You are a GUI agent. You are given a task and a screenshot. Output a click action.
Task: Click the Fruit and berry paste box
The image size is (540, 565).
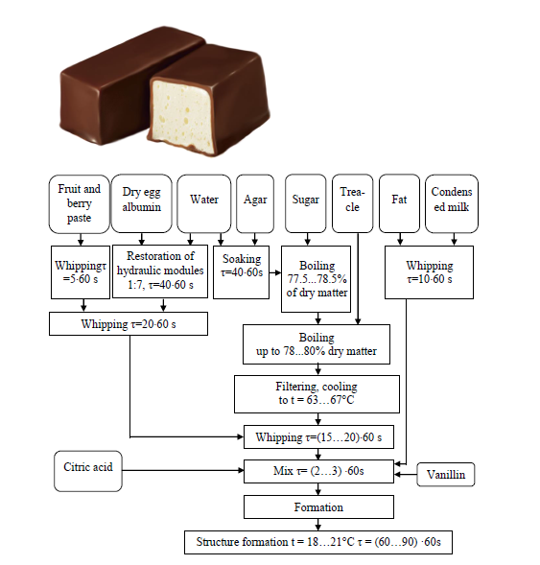(x=78, y=203)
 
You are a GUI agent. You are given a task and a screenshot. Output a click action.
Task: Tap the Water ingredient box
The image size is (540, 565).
(x=203, y=202)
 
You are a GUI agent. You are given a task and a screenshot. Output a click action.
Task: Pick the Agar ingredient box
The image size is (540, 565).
(x=254, y=202)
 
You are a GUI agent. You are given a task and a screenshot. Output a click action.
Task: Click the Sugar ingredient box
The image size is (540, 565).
(x=305, y=202)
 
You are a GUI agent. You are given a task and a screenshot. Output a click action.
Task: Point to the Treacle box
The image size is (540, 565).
(x=352, y=202)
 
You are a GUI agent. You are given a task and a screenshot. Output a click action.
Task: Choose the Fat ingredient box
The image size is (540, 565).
(x=399, y=202)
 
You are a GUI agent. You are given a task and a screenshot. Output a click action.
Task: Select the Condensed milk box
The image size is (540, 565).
(x=451, y=202)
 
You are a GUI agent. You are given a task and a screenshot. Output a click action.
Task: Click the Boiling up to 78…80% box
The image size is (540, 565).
(x=316, y=344)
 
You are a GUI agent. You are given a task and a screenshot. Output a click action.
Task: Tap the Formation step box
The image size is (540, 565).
(x=317, y=506)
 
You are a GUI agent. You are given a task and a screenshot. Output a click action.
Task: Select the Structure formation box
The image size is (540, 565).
(x=317, y=541)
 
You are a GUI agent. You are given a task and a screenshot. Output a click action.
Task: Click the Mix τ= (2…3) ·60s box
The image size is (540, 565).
(x=317, y=471)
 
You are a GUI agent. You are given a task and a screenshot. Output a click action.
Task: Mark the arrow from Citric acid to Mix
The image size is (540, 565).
(x=182, y=471)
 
